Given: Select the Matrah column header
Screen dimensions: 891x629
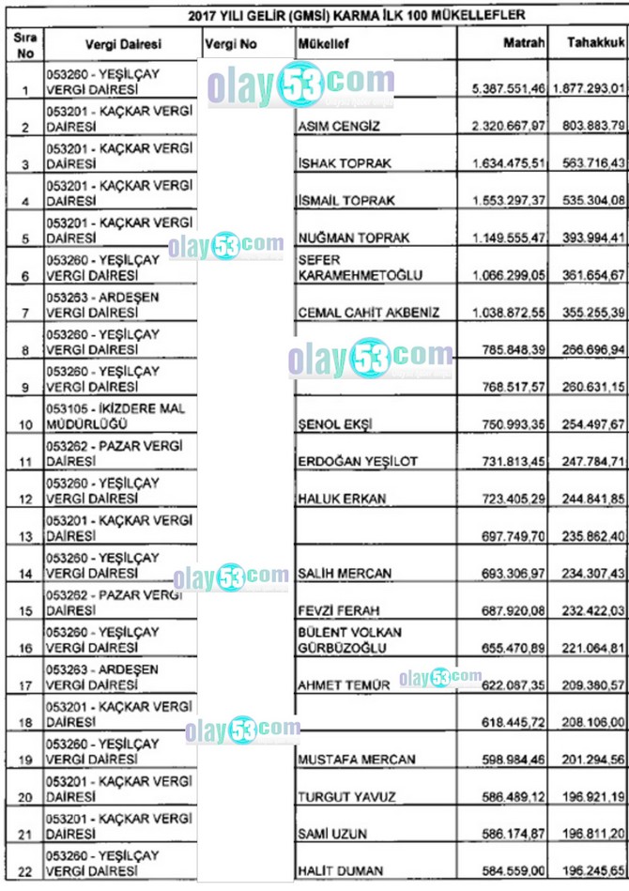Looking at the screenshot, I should pyautogui.click(x=524, y=43).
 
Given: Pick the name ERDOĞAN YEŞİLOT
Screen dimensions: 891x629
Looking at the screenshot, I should pyautogui.click(x=358, y=461).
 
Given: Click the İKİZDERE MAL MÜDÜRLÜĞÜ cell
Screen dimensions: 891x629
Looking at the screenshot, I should pyautogui.click(x=115, y=416).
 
